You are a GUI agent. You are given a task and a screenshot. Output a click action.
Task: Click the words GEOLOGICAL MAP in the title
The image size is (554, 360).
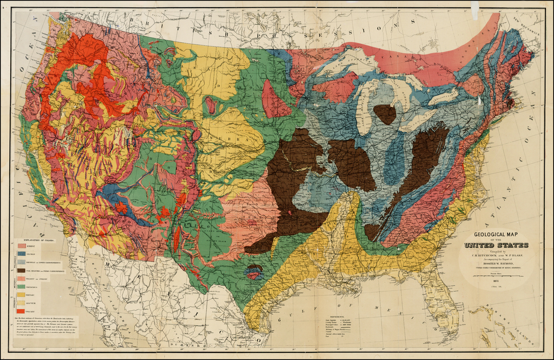[495, 235]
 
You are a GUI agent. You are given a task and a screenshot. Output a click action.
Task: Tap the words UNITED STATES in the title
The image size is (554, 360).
[496, 245]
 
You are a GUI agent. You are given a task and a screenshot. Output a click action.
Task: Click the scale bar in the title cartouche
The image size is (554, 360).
[497, 276]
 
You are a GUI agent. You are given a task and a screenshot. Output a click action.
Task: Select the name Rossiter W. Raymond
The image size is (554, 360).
[496, 262]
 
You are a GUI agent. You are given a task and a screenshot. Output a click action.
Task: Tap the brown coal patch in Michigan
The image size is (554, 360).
[385, 114]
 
